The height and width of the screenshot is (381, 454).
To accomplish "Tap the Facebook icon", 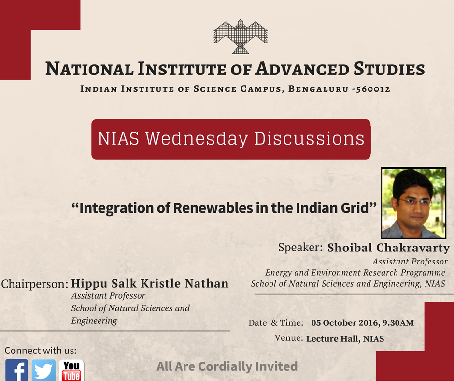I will pos(16,370).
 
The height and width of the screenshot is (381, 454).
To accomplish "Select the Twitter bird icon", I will pos(44,370).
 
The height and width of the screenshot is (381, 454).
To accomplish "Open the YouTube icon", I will pos(71,370).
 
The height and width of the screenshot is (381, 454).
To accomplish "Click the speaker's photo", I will pos(413,203).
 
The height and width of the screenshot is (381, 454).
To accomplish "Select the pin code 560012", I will pos(372,89).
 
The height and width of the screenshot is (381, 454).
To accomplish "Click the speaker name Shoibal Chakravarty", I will pos(388,248).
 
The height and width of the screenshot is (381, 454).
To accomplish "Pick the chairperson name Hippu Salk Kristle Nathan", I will pos(150,283).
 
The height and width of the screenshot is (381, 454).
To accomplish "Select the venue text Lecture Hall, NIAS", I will pos(345,338).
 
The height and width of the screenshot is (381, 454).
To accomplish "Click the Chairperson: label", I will pos(35,284).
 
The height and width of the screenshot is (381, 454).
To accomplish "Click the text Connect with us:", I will pos(41,351).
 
